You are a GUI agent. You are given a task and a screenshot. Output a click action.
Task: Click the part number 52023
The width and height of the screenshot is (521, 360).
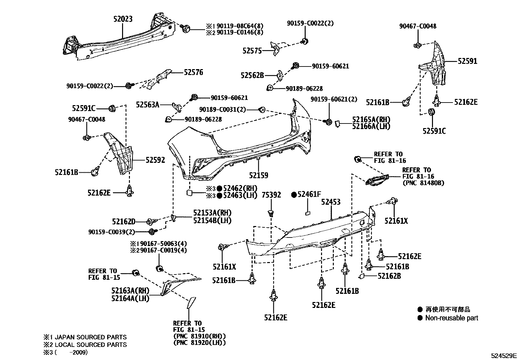pyautogui.click(x=123, y=19)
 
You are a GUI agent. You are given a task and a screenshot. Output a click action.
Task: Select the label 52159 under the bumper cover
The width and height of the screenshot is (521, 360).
pyautogui.click(x=259, y=176)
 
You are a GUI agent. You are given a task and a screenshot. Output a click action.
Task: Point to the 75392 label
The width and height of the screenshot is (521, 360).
pyautogui.click(x=271, y=195)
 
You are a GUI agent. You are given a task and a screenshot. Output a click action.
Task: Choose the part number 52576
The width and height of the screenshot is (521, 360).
pyautogui.click(x=193, y=72)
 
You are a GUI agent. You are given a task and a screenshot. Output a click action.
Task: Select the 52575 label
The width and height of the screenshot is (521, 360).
pyautogui.click(x=252, y=51)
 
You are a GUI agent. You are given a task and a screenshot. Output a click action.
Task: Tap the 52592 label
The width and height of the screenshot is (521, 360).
pyautogui.click(x=155, y=160)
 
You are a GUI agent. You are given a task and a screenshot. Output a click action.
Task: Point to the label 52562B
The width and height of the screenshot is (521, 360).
pyautogui.click(x=252, y=75)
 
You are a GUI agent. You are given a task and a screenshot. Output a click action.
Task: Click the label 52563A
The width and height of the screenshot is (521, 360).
pyautogui.click(x=148, y=105)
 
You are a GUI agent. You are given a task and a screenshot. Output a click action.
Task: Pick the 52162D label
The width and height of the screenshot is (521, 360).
pyautogui.click(x=124, y=222)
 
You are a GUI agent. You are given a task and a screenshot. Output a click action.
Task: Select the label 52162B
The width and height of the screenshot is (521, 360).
pyautogui.click(x=389, y=276)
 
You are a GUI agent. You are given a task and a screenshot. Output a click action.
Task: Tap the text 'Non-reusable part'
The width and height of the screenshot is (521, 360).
pyautogui.click(x=452, y=318)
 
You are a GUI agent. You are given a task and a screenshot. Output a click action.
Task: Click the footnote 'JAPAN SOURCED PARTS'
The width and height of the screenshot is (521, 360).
pyautogui.click(x=91, y=337)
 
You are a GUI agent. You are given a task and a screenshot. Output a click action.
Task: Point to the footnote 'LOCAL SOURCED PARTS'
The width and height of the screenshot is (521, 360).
pyautogui.click(x=91, y=345)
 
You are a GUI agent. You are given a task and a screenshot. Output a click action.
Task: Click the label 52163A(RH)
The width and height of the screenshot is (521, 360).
pyautogui.click(x=130, y=291)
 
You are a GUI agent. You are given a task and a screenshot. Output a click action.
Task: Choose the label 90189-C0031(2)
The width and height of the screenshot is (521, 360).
pyautogui.click(x=223, y=109)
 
